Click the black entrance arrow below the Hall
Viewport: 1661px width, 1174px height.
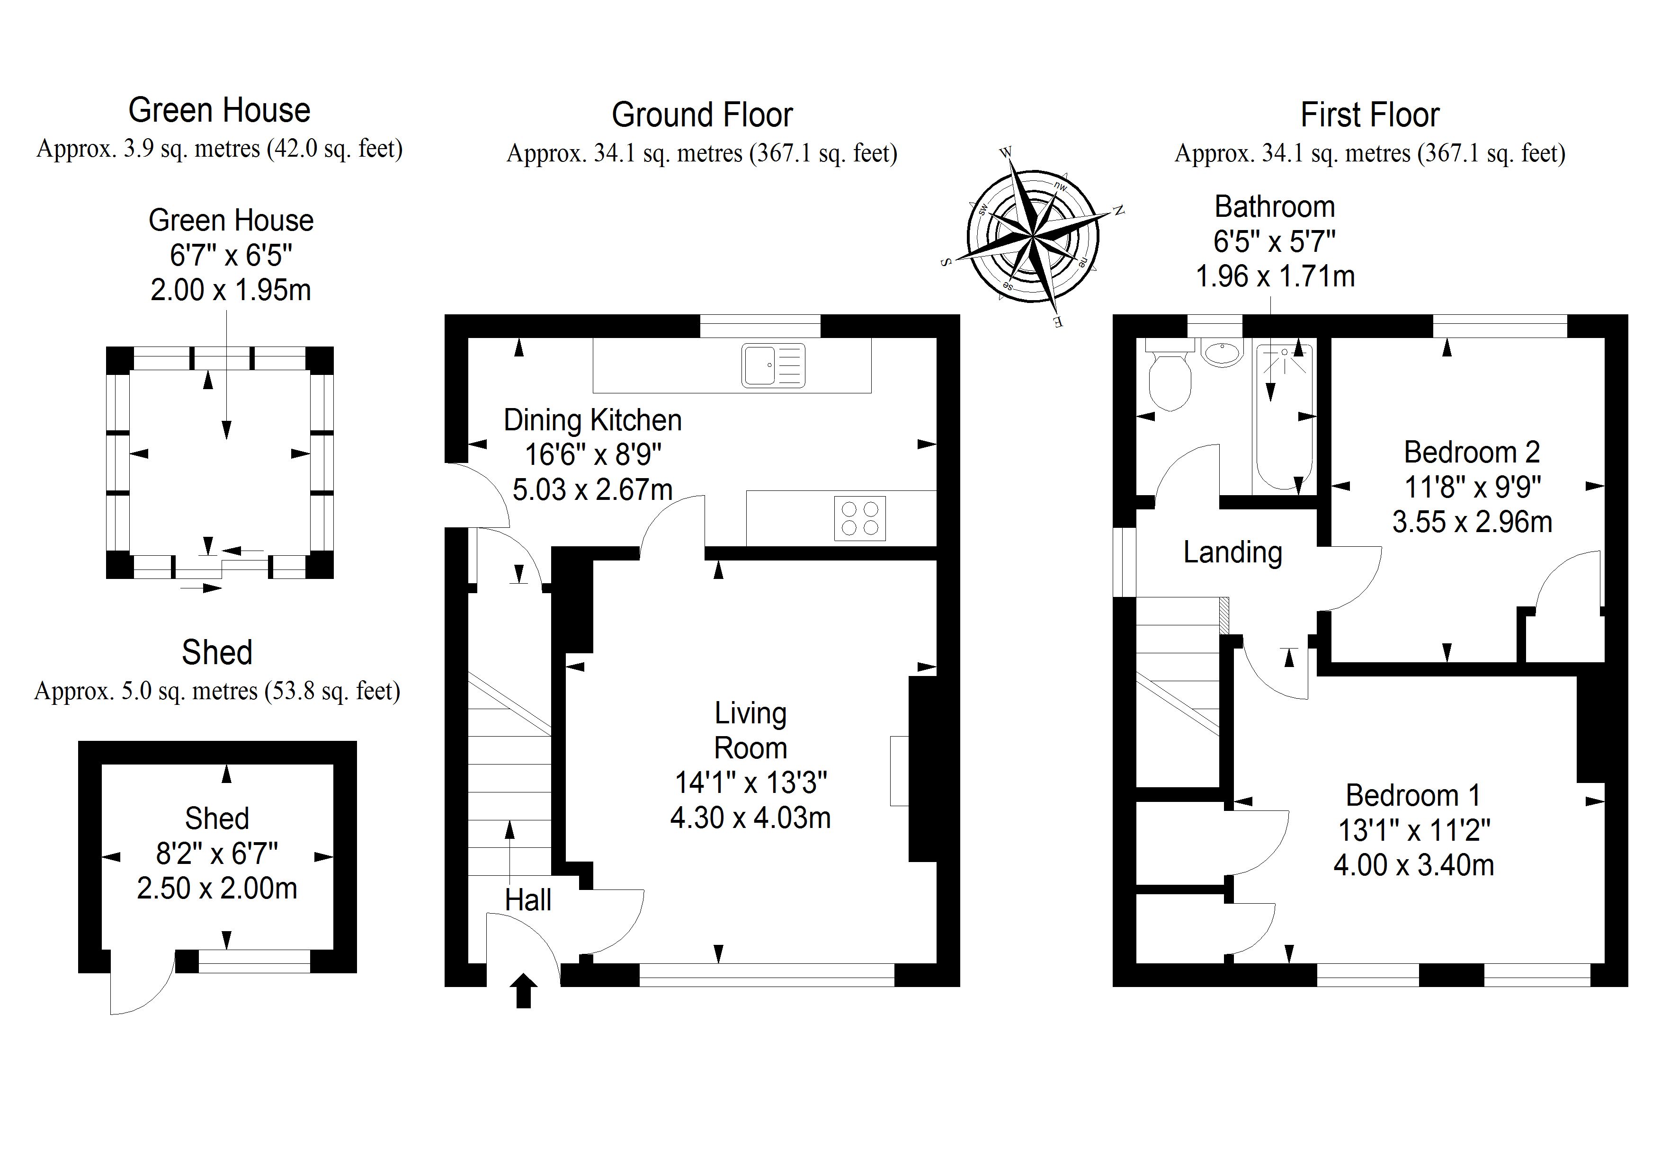tap(523, 990)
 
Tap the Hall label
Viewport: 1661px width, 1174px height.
tap(527, 900)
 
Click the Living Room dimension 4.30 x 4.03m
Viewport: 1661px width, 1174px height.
tap(750, 818)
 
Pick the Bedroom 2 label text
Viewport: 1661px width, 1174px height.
tap(1472, 453)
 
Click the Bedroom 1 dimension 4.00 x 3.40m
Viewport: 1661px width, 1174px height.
tap(1413, 865)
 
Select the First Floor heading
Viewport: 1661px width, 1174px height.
tap(1369, 115)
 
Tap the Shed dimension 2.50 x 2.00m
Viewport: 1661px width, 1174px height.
tap(217, 888)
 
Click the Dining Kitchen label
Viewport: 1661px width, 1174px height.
tap(592, 420)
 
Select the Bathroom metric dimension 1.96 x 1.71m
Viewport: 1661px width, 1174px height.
tap(1275, 276)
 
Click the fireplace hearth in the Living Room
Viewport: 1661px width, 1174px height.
tap(899, 770)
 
